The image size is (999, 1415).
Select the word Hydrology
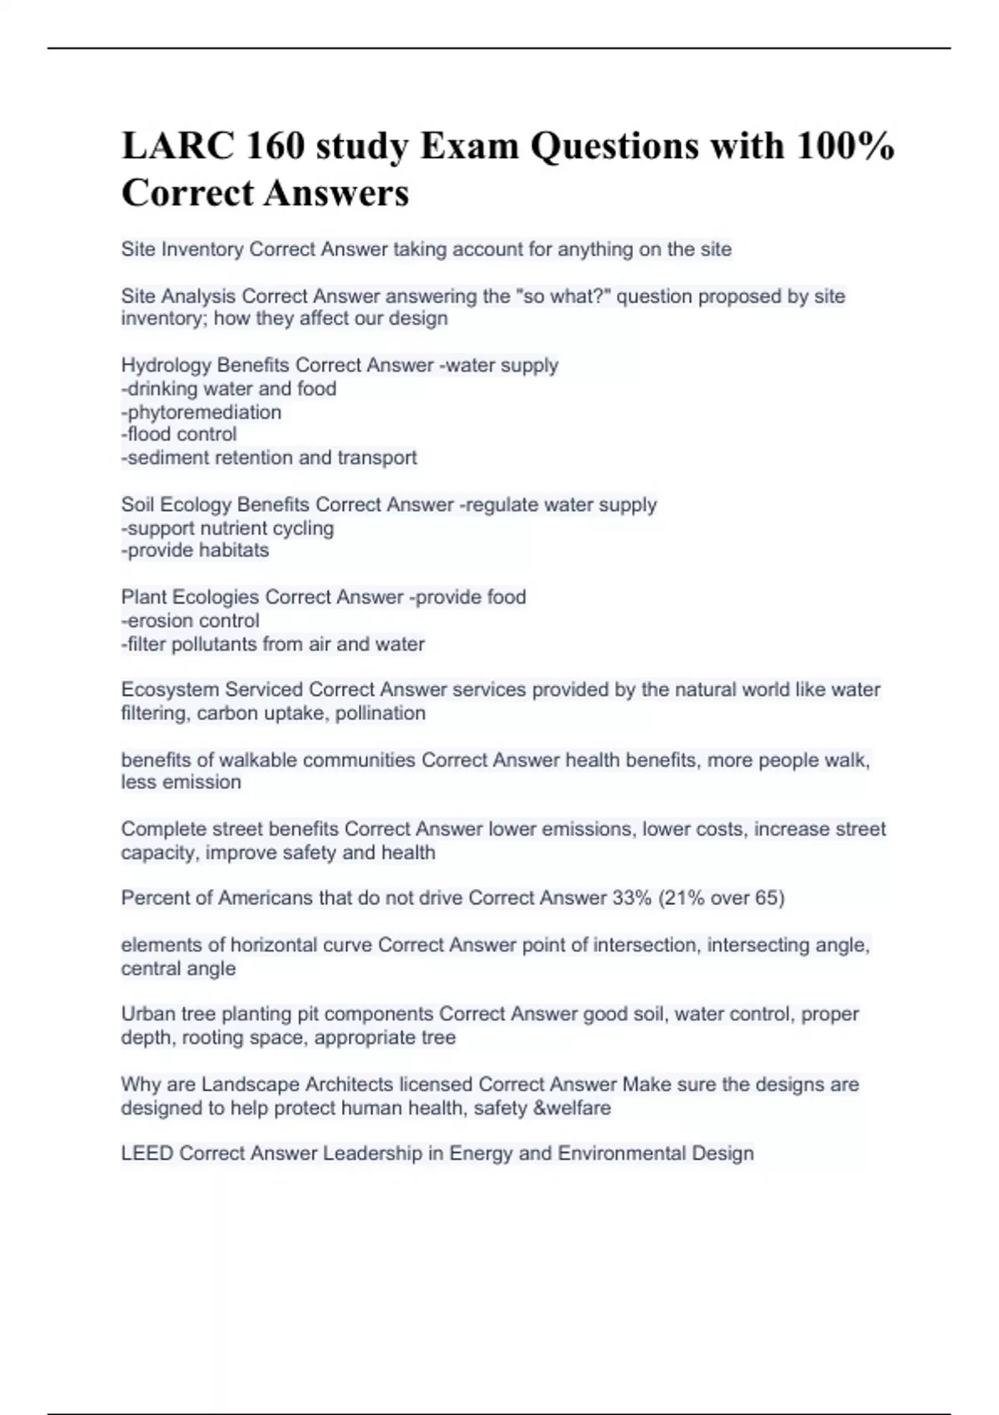pos(166,365)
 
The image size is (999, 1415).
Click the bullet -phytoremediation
pos(201,412)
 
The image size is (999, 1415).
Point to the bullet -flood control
pos(179,434)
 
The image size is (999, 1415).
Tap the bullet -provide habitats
pos(196,550)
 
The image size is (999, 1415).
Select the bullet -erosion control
pos(191,620)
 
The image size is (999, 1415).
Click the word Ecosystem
pos(170,689)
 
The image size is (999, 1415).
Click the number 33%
pos(631,898)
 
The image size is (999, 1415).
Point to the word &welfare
pos(576,1109)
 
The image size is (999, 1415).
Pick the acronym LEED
pos(147,1154)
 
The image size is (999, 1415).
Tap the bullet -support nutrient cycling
pos(228,529)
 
